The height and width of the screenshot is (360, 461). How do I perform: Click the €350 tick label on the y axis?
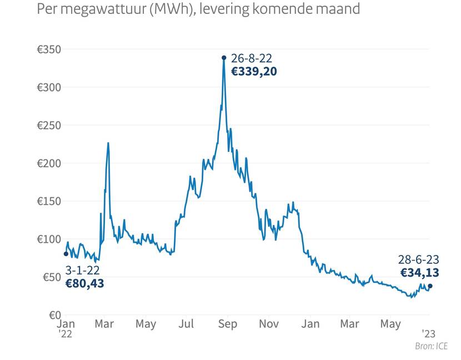coord(48,49)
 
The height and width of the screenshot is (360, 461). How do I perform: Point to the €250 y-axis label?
coord(48,126)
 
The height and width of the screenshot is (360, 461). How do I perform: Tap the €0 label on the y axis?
coord(53,314)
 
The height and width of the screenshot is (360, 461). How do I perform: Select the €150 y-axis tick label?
coord(48,201)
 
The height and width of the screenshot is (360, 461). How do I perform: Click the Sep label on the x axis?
coord(228,324)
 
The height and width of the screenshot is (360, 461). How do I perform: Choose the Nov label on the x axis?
coord(269,324)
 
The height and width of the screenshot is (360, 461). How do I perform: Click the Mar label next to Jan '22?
coord(104,324)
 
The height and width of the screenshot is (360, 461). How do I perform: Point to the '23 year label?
coord(428,334)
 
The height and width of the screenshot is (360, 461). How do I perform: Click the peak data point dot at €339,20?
coord(224,57)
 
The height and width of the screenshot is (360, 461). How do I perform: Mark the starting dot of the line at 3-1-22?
coord(66,254)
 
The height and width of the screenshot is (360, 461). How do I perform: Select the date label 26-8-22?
coord(251,58)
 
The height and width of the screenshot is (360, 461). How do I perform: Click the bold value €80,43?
coord(84,283)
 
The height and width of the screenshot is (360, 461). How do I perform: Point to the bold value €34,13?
coord(419,272)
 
